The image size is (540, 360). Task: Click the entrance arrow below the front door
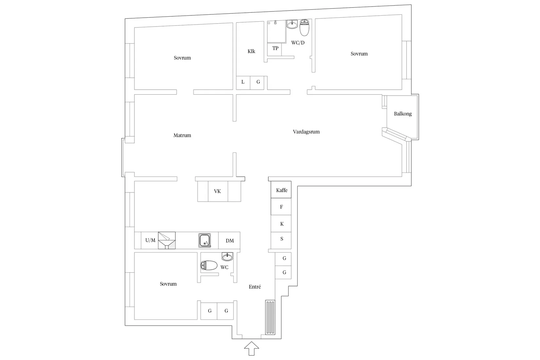click(x=251, y=349)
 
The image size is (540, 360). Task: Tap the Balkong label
click(x=403, y=114)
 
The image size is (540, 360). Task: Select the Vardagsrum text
click(x=306, y=132)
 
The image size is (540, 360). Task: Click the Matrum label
click(x=182, y=135)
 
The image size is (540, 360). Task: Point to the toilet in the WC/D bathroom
click(x=304, y=28)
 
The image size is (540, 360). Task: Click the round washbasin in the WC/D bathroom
click(x=292, y=24)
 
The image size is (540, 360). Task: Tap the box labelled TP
click(x=275, y=49)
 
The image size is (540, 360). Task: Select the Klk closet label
click(x=251, y=51)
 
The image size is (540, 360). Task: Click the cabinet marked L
click(x=243, y=82)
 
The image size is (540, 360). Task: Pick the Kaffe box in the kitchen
click(x=281, y=190)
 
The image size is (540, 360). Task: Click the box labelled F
click(x=281, y=207)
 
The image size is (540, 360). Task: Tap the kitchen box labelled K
click(x=281, y=224)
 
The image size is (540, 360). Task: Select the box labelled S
click(x=281, y=239)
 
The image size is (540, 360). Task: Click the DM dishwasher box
click(x=229, y=241)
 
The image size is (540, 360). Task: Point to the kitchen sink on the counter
click(x=205, y=241)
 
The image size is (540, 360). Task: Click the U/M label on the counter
click(x=150, y=241)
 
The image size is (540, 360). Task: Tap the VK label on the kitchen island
click(x=217, y=191)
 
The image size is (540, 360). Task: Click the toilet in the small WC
click(x=209, y=265)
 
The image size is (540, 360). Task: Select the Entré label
click(x=255, y=287)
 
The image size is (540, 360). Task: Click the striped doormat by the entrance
click(x=270, y=317)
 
